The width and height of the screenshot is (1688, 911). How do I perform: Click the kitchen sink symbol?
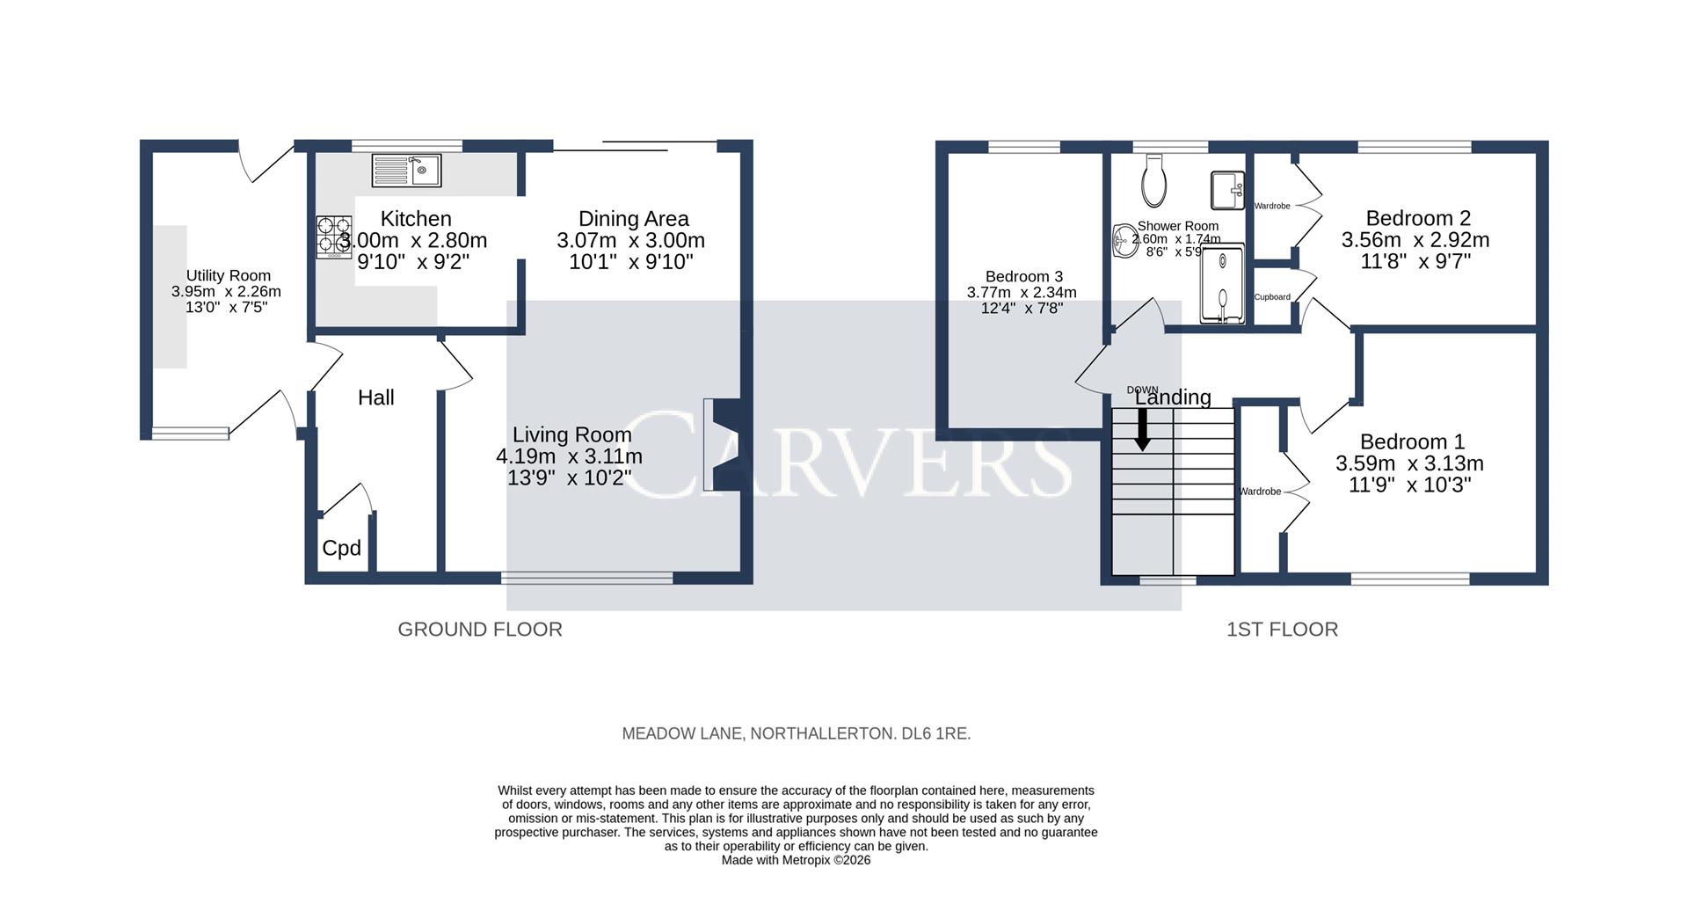406,171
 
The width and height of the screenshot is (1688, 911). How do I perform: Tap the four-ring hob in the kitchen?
334,237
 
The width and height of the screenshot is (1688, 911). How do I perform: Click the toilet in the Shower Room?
1154,180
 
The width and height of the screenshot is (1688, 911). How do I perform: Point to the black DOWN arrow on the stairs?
1142,430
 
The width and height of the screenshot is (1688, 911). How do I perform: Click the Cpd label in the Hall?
341,549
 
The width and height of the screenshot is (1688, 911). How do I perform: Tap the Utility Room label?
228,276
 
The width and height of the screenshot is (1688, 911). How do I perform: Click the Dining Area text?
633,219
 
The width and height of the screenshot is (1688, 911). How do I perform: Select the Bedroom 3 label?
1018,276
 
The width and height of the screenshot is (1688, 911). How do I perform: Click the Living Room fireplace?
723,445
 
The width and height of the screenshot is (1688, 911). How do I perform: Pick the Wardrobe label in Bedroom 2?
1271,206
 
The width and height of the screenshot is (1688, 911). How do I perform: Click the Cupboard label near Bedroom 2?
1271,297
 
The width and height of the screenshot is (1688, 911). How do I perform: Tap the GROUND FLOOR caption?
480,630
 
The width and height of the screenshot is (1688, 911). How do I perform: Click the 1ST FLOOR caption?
1282,630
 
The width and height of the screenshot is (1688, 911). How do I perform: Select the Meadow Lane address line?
796,733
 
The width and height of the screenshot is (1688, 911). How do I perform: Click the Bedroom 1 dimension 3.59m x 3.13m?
1409,463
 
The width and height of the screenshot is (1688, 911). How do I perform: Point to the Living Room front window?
586,578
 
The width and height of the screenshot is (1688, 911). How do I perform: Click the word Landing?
1173,397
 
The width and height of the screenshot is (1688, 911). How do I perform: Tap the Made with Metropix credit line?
796,860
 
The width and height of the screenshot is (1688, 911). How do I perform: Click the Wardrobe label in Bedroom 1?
1260,492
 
